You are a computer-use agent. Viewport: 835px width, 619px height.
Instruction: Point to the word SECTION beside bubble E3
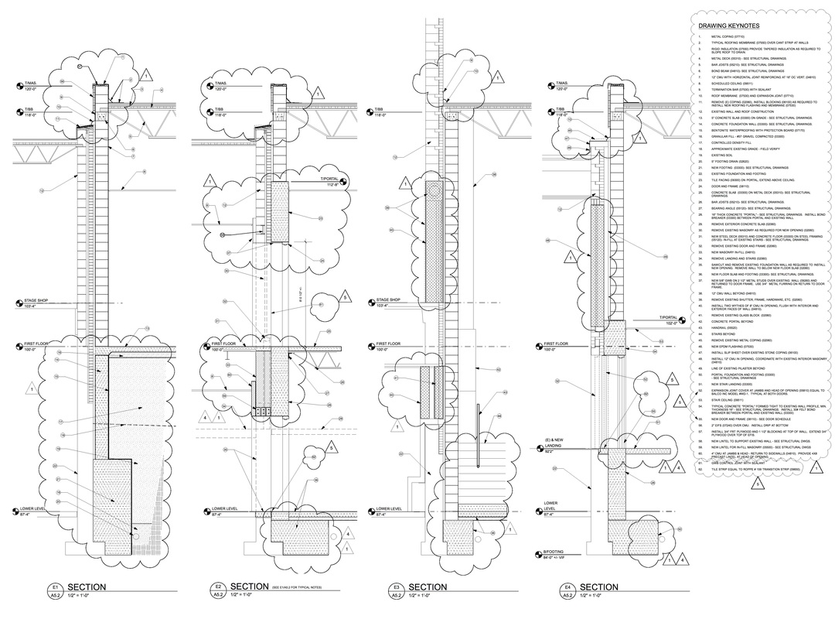pyautogui.click(x=427, y=587)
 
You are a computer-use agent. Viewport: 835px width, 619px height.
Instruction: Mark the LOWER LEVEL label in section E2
pyautogui.click(x=223, y=511)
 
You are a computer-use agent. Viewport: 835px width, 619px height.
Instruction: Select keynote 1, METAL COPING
pyautogui.click(x=717, y=36)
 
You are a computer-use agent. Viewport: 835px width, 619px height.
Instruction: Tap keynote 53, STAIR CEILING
pyautogui.click(x=720, y=399)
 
